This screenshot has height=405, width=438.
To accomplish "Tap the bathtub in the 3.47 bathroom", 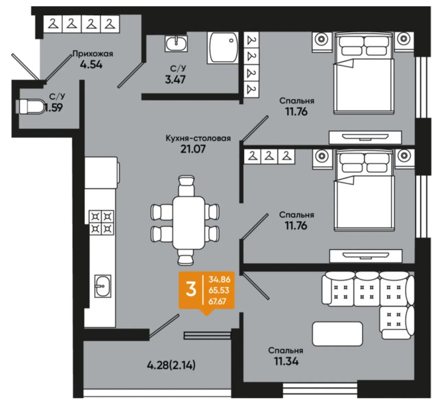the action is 223,48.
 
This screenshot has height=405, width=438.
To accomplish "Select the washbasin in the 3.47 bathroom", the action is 176,44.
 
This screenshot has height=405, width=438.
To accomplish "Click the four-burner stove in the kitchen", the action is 102,222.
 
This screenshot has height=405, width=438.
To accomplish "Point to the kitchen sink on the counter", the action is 103,286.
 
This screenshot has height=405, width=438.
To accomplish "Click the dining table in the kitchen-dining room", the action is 189,223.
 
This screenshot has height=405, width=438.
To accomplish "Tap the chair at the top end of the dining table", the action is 186,186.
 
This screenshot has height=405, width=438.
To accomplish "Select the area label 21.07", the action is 193,149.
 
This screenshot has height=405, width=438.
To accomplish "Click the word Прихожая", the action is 93,54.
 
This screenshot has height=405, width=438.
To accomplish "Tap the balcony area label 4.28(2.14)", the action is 171,366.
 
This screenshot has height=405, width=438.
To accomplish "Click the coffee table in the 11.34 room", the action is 338,334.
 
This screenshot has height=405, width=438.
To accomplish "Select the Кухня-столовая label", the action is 198,139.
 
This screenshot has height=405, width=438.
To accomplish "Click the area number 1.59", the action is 54,107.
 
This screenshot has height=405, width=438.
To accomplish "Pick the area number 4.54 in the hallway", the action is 91,64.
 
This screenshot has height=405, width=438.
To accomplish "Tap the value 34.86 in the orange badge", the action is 220,279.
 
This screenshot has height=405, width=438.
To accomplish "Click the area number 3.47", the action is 175,80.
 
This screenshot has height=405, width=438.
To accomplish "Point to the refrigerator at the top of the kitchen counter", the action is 102,173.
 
